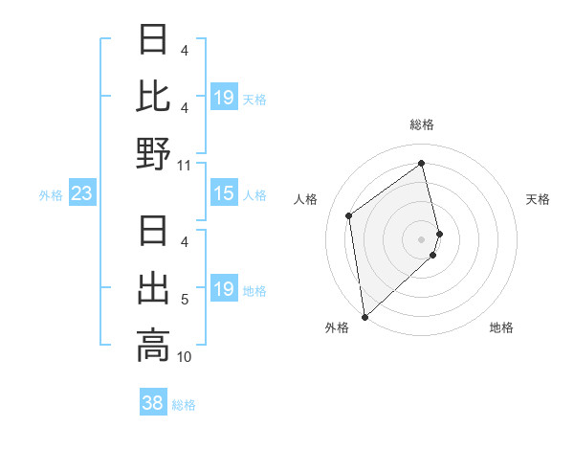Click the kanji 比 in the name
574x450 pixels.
153,96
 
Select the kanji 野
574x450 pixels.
153,152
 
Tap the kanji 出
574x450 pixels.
153,288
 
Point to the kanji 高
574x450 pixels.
153,345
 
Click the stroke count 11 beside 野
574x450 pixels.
184,165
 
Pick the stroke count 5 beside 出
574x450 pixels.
184,300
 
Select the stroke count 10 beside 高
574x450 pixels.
184,357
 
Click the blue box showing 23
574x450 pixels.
82,194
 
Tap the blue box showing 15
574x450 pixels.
223,194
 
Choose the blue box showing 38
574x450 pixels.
152,403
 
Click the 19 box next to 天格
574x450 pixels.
223,98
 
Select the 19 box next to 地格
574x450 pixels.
223,289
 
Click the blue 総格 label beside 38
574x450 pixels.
184,405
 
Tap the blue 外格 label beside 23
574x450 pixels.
51,195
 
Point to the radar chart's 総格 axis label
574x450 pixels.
421,124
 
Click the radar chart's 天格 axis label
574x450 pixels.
538,199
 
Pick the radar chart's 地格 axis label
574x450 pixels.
501,327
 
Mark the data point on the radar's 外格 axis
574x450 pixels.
364,316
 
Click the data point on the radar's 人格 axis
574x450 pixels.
349,215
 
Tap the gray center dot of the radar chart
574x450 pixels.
421,238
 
